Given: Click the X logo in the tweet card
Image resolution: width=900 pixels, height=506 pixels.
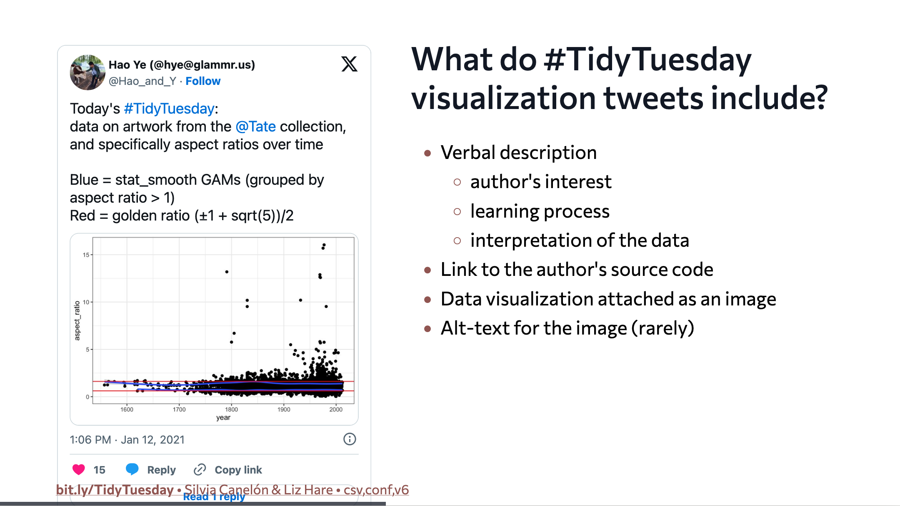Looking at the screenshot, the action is point(349,64).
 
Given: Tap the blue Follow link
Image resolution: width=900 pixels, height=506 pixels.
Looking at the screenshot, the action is point(203,81).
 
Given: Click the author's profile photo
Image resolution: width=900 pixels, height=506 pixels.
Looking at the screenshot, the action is point(87,72).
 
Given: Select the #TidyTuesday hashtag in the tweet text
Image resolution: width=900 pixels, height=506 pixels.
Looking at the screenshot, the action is point(169,109).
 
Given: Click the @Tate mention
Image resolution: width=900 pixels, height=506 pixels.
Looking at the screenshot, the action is point(255,126).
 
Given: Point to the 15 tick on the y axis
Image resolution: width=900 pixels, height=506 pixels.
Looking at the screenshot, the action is point(86,255).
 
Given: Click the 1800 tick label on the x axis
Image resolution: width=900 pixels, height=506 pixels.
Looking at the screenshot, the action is point(231,409).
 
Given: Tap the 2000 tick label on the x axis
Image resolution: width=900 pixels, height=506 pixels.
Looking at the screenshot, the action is point(336,409).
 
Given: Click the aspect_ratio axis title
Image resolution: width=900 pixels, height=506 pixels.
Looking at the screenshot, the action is point(77,320).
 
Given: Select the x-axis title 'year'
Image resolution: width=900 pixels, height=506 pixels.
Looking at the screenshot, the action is point(223,417).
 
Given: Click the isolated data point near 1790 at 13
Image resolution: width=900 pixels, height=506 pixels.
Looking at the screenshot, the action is point(227,272).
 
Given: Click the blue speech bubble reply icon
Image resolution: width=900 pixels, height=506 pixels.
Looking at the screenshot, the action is point(132,469).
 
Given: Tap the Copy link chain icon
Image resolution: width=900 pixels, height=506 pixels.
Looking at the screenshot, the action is point(200,469).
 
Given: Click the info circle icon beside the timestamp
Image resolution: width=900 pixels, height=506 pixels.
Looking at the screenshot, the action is point(350,439).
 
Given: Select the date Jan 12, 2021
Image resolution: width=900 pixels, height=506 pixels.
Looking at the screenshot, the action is point(152,440).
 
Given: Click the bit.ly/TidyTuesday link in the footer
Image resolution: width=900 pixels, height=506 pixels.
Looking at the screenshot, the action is point(115,490).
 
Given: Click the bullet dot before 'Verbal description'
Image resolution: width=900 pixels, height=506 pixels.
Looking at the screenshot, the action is point(427,153).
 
